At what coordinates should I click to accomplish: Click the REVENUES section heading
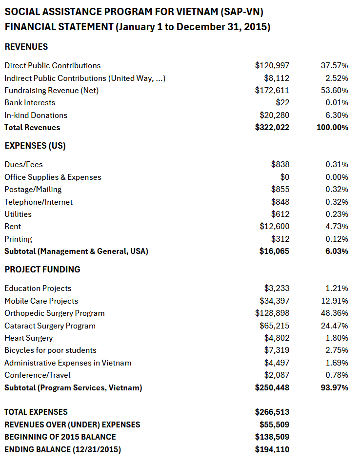[26, 47]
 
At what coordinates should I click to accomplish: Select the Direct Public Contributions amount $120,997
[272, 65]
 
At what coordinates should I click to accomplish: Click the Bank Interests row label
[30, 103]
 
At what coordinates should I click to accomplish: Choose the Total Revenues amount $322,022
[272, 128]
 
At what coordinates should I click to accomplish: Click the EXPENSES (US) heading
[35, 146]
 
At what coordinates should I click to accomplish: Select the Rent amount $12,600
[274, 227]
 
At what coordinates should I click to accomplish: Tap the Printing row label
[18, 239]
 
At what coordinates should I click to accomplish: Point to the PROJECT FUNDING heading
[42, 270]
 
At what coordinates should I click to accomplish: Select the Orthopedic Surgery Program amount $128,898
[272, 313]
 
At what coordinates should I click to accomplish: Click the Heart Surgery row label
[29, 338]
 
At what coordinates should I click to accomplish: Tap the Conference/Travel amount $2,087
[277, 375]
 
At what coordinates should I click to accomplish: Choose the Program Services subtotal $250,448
[272, 388]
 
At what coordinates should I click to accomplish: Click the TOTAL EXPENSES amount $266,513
[272, 412]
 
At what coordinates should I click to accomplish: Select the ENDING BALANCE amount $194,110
[272, 449]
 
